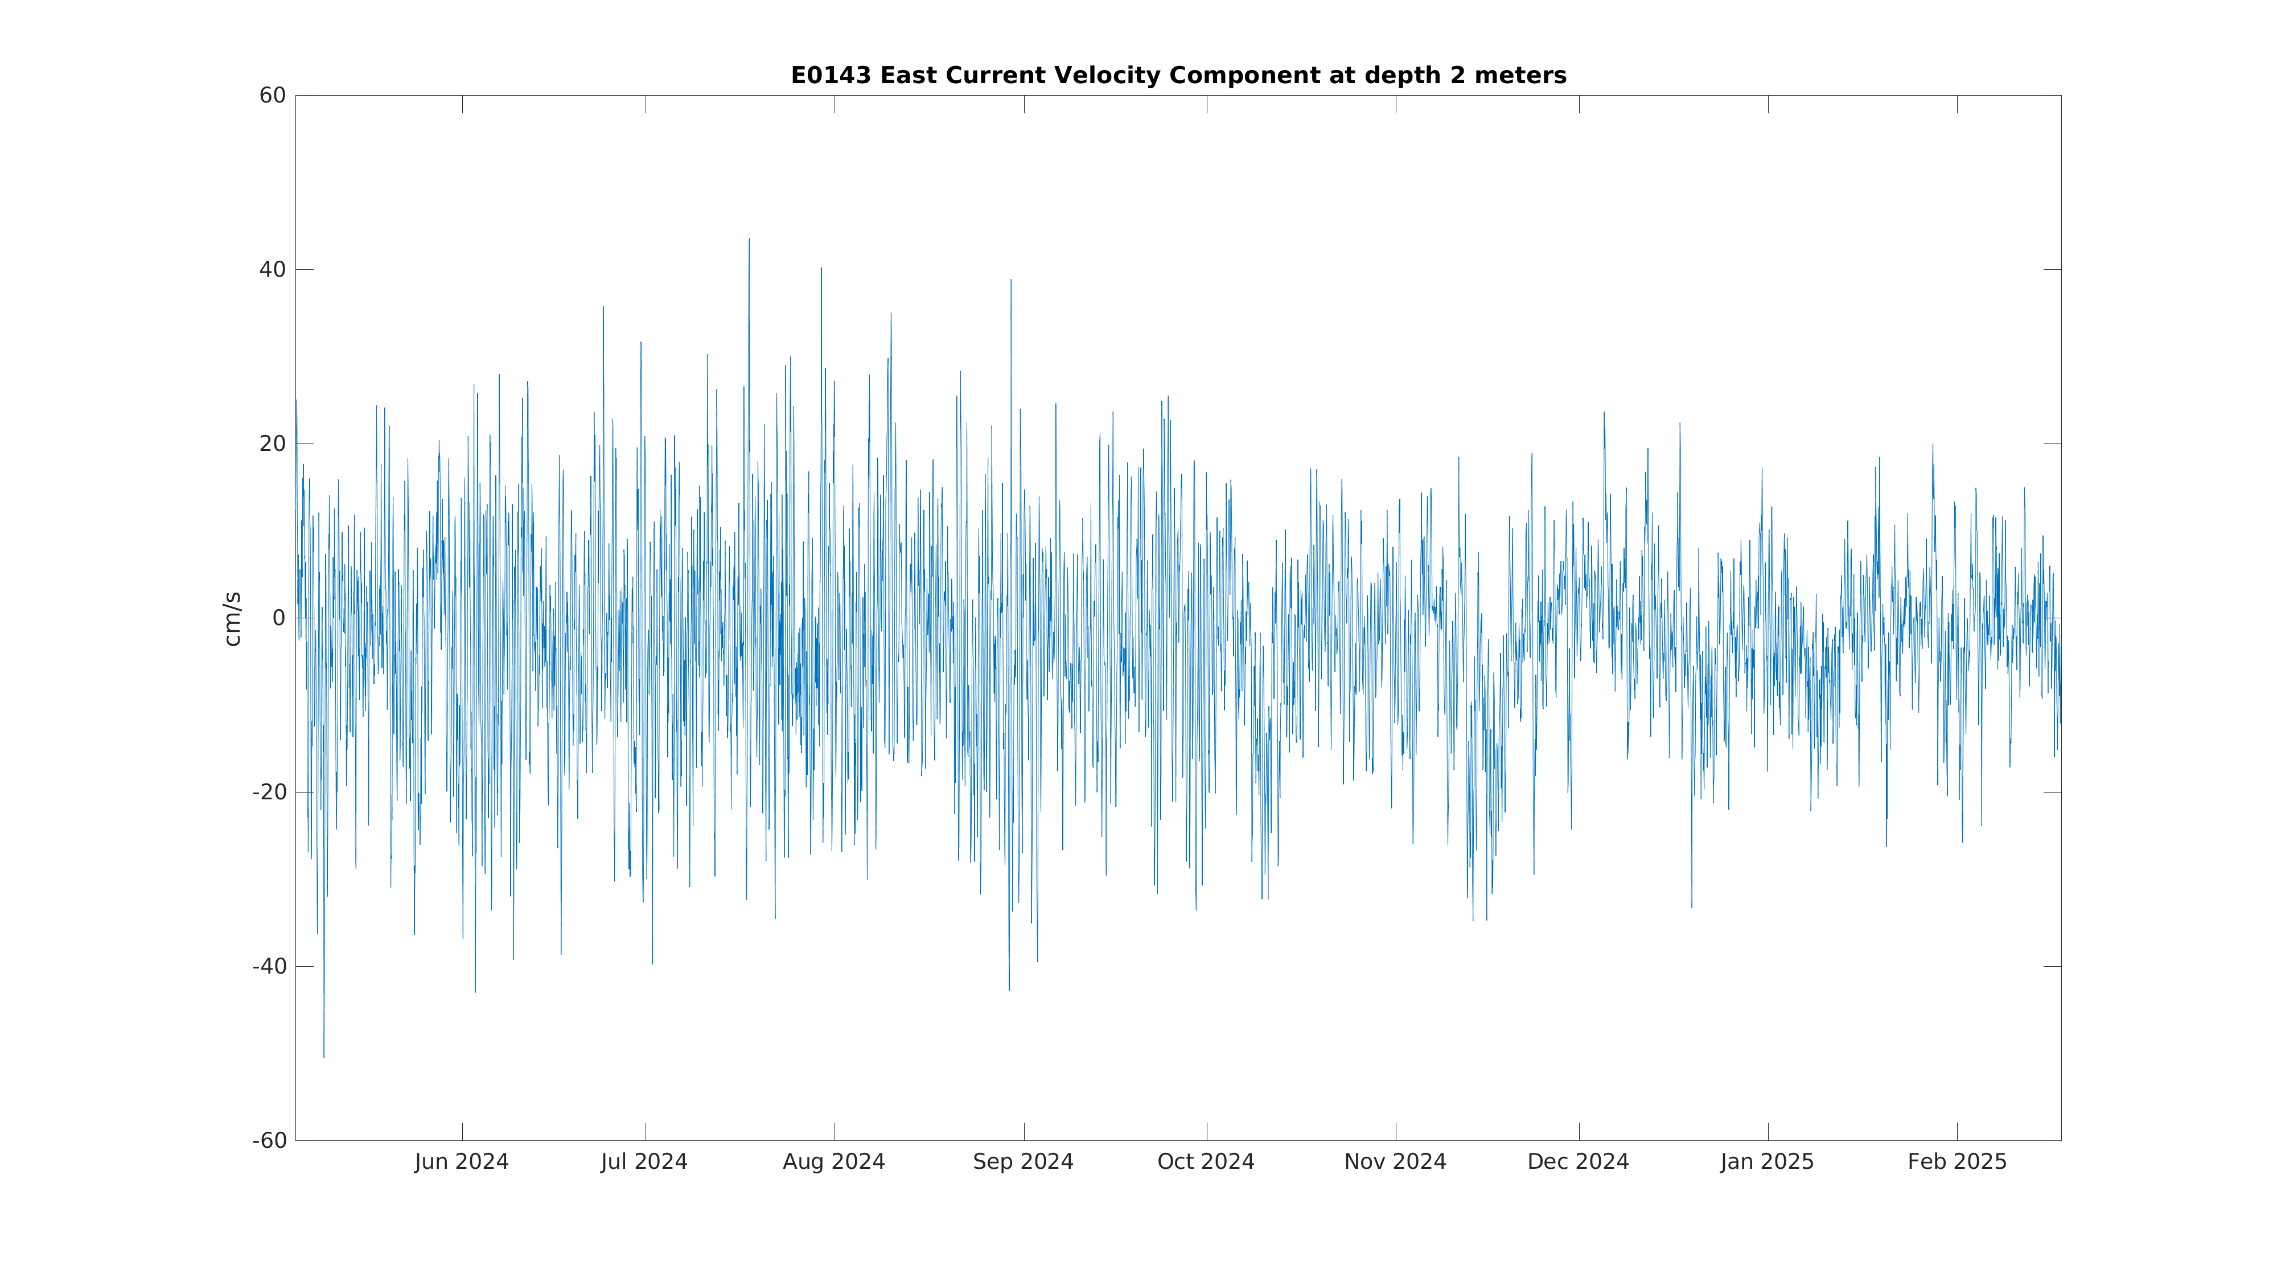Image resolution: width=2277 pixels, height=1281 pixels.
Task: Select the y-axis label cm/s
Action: point(232,619)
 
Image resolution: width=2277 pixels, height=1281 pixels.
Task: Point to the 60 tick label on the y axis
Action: point(272,96)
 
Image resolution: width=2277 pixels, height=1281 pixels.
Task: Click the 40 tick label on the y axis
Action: point(272,270)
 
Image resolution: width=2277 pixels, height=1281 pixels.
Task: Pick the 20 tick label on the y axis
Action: point(272,444)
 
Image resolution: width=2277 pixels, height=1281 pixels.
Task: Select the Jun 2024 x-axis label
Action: point(462,1161)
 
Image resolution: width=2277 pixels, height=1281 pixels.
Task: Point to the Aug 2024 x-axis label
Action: point(833,1161)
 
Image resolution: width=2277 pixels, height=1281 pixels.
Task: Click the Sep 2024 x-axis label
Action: point(1024,1161)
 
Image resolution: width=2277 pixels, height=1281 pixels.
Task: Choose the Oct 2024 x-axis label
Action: point(1206,1161)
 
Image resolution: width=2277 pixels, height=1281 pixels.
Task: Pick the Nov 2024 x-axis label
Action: point(1395,1161)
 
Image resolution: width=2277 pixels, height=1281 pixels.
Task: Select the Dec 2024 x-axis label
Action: point(1578,1161)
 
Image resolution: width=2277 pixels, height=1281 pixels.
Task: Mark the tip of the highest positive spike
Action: point(749,239)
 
